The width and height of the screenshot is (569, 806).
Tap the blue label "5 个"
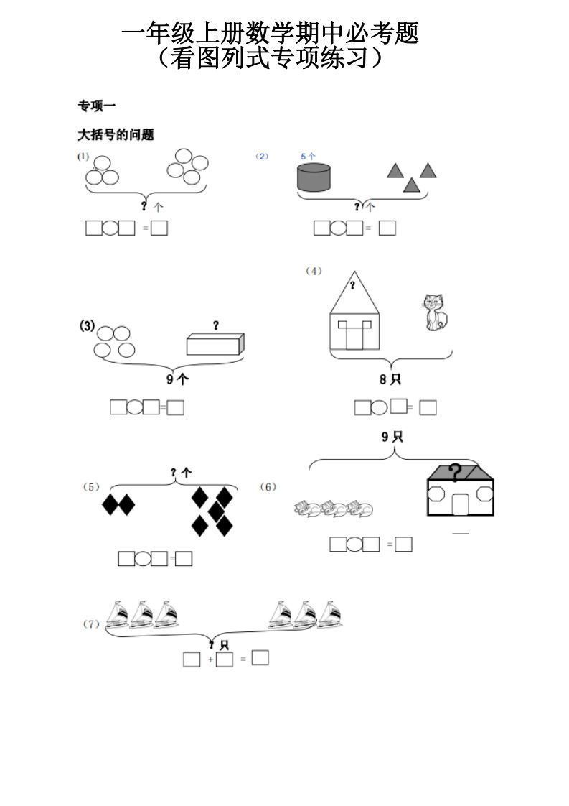(308, 156)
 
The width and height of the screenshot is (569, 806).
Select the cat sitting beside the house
(433, 312)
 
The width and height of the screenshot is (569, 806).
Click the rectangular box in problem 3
(215, 344)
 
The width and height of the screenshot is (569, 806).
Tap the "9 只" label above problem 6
(392, 436)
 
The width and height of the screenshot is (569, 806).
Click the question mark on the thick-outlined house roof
(455, 472)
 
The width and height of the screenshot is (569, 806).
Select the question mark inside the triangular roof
(352, 286)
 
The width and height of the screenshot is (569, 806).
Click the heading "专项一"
(97, 106)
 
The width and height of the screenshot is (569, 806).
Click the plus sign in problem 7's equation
(210, 659)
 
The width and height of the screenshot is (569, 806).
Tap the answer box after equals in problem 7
(260, 657)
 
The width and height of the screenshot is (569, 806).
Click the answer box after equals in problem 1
(159, 228)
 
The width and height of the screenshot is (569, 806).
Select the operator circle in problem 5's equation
(143, 558)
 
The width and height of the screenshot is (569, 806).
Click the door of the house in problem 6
(460, 503)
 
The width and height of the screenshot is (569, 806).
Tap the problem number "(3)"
(87, 326)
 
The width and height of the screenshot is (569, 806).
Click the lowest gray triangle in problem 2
(410, 185)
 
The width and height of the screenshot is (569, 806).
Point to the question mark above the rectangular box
(215, 325)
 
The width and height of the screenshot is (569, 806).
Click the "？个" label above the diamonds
(181, 473)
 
